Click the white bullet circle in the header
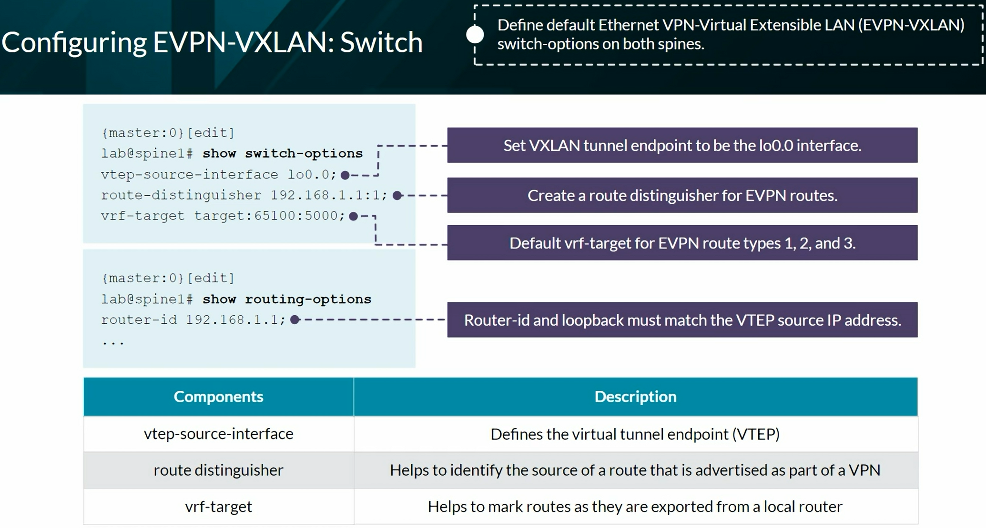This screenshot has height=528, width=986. [x=475, y=34]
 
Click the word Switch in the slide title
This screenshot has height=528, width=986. [x=381, y=42]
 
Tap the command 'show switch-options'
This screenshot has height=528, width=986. [x=283, y=153]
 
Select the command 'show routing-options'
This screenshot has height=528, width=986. [x=287, y=299]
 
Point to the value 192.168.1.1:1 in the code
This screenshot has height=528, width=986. [x=329, y=195]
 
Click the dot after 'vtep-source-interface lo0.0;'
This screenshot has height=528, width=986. [x=346, y=175]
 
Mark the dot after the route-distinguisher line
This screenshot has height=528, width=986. [x=397, y=195]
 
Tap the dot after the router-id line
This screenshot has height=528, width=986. [x=295, y=319]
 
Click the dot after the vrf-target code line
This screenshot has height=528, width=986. [x=353, y=216]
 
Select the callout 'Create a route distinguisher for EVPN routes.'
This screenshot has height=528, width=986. [x=682, y=195]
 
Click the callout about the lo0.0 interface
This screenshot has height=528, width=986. [x=682, y=145]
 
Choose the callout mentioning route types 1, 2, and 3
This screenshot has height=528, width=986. [x=682, y=243]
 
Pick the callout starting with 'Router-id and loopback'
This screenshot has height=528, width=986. [x=682, y=320]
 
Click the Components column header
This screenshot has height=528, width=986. [x=218, y=397]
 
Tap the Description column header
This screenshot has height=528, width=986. [x=635, y=397]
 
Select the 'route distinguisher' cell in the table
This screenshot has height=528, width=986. [x=218, y=470]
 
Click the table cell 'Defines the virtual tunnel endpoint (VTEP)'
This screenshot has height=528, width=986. [x=635, y=434]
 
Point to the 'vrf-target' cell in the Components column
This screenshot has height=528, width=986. [x=218, y=506]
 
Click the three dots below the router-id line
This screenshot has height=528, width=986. [x=113, y=342]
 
